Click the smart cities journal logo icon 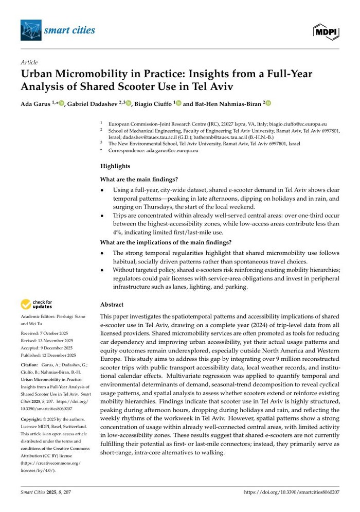[31, 30]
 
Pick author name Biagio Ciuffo [153, 103]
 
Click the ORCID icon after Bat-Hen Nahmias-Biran [268, 103]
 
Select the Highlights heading [116, 166]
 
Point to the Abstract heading [112, 304]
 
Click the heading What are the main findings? [139, 179]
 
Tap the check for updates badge [37, 305]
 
